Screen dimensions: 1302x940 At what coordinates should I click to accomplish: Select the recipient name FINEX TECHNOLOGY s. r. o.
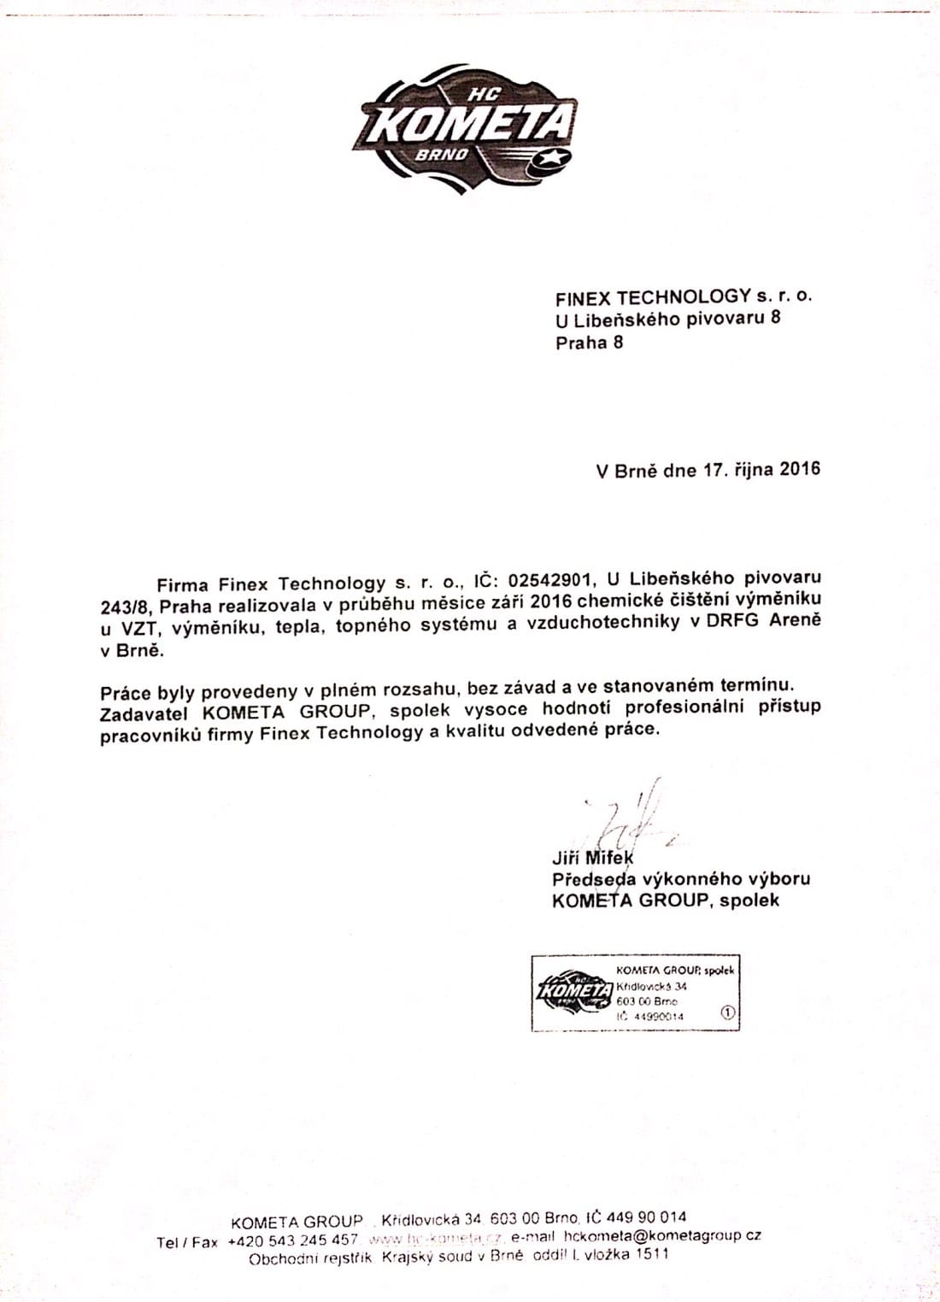click(683, 297)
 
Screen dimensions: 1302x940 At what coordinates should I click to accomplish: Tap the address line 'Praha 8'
click(589, 343)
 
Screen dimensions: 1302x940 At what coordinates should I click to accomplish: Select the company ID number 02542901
click(544, 584)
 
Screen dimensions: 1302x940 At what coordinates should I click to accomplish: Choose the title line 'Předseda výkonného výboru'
click(681, 879)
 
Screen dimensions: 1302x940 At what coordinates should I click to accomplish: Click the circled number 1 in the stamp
click(728, 1013)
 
